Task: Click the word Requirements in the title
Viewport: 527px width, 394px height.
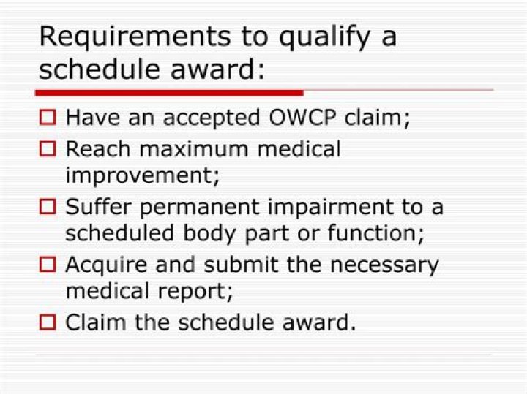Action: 135,37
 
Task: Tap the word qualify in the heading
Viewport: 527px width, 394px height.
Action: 324,37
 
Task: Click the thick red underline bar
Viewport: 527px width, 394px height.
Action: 169,93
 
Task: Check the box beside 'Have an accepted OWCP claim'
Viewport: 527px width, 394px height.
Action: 48,117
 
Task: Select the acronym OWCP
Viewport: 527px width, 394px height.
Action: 302,118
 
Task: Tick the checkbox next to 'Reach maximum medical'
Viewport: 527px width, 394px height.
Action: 48,148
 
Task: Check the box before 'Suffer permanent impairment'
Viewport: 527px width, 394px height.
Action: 48,206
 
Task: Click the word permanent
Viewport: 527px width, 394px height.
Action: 200,208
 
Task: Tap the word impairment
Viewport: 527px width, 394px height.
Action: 331,208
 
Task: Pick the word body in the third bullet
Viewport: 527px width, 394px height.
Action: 209,234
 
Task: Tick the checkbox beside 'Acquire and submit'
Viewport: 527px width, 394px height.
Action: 48,264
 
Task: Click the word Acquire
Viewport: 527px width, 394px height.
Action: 107,265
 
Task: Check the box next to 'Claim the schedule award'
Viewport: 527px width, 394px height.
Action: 48,322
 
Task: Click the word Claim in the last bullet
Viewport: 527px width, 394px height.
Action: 95,322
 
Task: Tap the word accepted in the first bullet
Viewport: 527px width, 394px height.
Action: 212,118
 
